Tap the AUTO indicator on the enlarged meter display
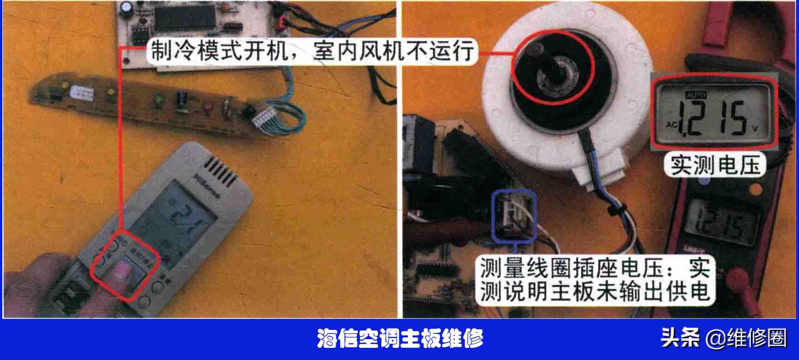(x=692, y=94)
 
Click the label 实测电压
(x=714, y=166)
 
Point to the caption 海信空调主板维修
(x=400, y=339)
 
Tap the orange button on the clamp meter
(x=756, y=189)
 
